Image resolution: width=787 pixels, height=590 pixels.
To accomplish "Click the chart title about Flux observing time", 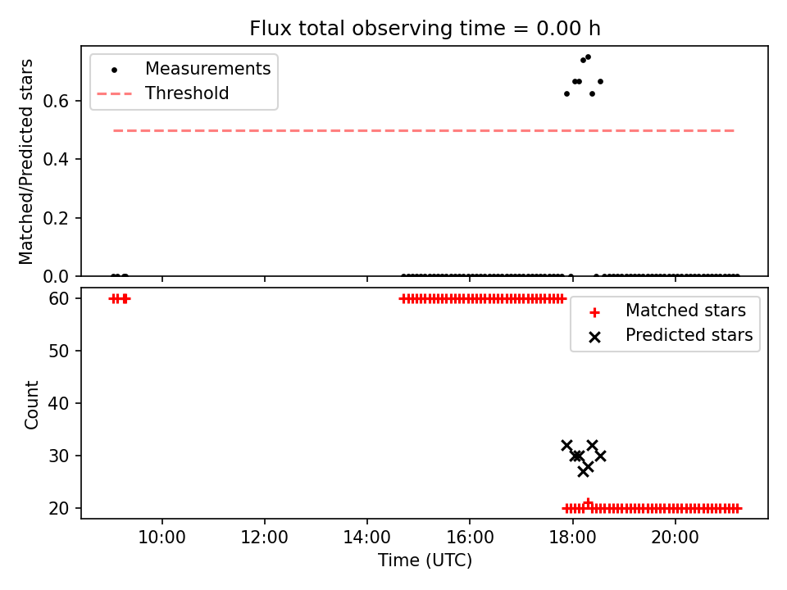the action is point(425,29).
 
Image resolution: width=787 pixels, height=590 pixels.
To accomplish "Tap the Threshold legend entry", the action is point(163,93).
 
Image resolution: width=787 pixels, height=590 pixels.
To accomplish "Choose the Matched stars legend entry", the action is point(667,311).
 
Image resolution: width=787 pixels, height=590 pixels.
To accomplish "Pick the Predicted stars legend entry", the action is point(671,336).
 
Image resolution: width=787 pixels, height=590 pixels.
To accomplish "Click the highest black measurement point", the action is point(589,57).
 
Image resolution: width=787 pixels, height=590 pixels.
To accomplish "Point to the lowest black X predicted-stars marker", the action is point(583,472).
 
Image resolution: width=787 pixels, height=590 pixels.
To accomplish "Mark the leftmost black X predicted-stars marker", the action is point(566,446).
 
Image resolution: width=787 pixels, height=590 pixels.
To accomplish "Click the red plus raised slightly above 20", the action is point(588,503).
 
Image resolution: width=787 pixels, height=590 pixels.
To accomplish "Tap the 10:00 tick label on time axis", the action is point(161,538).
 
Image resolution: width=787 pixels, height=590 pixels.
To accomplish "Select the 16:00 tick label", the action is point(469,538).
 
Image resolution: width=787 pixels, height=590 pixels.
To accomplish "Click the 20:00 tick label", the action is point(675,538).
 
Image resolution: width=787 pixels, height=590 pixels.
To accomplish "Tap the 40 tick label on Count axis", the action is point(59,404).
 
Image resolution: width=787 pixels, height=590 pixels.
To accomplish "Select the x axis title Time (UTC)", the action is point(425,560).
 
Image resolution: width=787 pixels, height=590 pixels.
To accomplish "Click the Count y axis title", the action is point(31,404).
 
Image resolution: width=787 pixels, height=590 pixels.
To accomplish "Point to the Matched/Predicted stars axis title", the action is point(25,161).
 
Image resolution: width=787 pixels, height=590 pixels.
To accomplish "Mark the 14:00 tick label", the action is point(367,538).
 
